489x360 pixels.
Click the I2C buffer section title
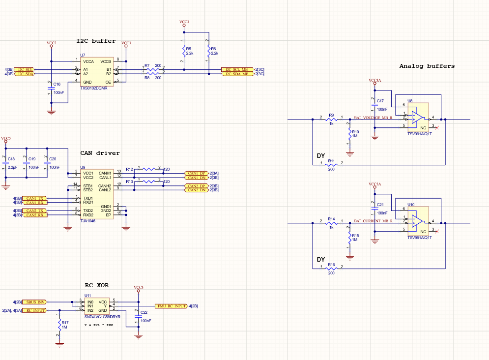click(96, 41)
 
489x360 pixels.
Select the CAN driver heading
click(100, 153)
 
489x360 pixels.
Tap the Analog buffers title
click(427, 66)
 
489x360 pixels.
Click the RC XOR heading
click(97, 285)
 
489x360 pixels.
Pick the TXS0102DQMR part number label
click(93, 88)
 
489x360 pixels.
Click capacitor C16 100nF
click(51, 88)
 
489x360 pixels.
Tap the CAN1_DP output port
click(196, 173)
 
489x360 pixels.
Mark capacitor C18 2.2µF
click(6, 163)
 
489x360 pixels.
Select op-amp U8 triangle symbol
click(417, 117)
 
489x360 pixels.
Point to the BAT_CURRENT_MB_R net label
click(373, 221)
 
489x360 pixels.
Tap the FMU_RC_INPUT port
click(171, 306)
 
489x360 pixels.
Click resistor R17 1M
click(59, 324)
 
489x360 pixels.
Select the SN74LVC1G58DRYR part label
click(102, 317)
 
